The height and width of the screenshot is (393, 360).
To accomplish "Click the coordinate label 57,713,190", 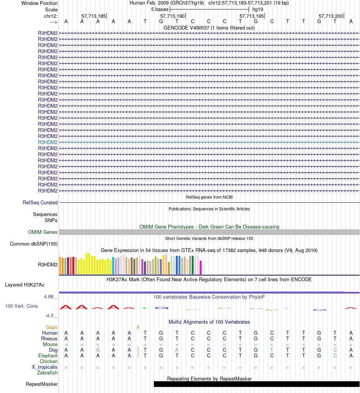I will (172, 16).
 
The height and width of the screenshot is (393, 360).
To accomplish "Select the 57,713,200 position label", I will (330, 16).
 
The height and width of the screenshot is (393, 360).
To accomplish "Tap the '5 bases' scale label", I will (160, 9).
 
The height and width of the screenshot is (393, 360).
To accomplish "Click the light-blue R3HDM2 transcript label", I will (48, 142).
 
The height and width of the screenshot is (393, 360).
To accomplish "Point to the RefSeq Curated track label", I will (40, 203).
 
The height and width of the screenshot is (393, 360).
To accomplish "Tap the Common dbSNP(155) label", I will (34, 244).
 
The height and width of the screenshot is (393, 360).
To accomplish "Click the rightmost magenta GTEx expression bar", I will (201, 267).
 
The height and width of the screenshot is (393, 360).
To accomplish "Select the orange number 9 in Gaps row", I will (138, 327).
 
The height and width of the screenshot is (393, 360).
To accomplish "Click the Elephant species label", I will (48, 356).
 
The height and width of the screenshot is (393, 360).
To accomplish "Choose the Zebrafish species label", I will (47, 373).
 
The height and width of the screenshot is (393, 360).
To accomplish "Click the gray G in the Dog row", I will (98, 350).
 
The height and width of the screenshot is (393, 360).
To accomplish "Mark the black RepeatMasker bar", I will (257, 384).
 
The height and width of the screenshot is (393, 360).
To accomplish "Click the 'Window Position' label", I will (39, 3).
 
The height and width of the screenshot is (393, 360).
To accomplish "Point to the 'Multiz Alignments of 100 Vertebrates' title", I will (209, 322).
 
